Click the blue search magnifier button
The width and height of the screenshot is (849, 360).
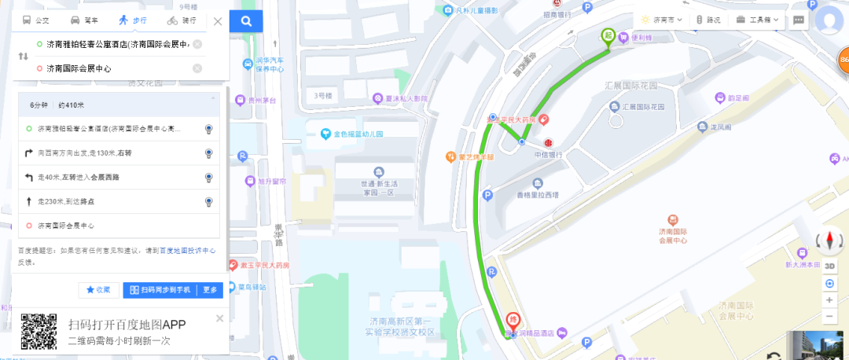click(246, 21)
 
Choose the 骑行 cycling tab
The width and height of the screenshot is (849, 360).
click(182, 20)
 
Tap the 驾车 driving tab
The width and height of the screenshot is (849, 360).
click(85, 20)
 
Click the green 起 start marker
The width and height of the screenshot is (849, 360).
click(608, 35)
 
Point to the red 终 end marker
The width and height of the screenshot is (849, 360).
click(512, 320)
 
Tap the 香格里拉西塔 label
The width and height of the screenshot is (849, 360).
click(537, 194)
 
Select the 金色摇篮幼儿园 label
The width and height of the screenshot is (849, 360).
click(357, 134)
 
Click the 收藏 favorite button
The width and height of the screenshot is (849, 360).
click(99, 290)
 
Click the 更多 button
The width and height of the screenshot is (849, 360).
click(210, 290)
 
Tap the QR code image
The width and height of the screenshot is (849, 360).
click(39, 331)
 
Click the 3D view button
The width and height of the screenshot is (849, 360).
click(830, 266)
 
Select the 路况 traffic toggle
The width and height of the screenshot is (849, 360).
click(708, 20)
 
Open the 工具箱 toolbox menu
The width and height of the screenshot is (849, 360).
click(759, 20)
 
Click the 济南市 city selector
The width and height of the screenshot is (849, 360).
click(661, 20)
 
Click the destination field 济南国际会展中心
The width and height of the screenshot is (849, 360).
click(110, 68)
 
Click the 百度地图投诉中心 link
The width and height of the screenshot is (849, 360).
click(188, 251)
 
